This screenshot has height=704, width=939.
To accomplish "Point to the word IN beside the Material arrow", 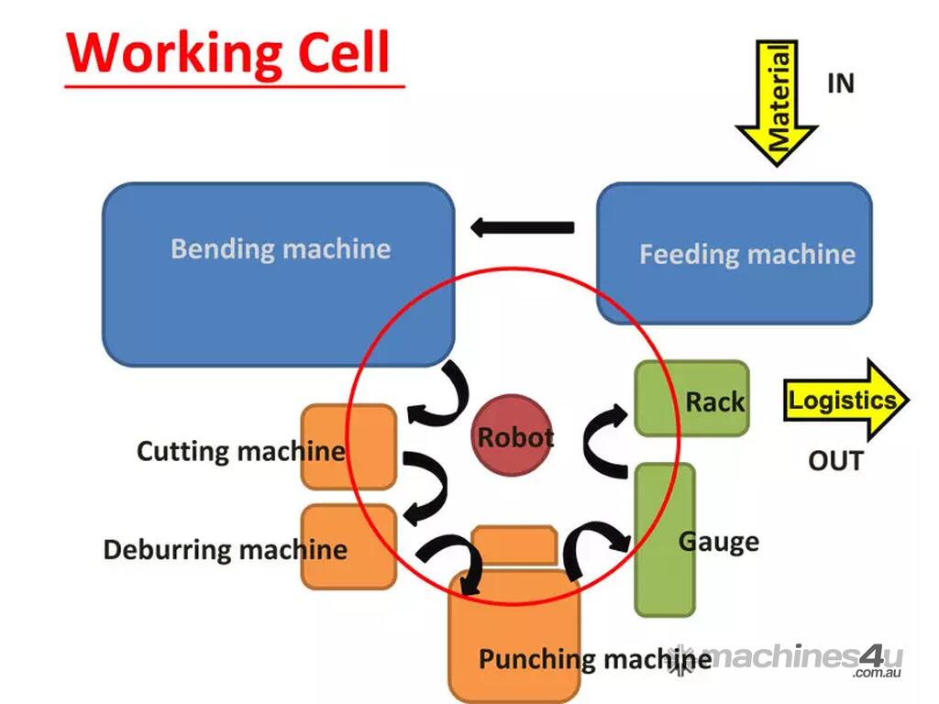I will coord(841,83).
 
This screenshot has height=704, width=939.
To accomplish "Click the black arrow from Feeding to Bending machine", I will coord(522,227).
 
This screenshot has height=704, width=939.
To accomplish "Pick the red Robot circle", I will coord(514,436).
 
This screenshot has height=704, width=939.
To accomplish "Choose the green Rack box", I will coord(691,398).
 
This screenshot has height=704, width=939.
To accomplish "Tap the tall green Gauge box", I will coord(664,541).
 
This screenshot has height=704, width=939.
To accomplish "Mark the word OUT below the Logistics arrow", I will coord(835,460).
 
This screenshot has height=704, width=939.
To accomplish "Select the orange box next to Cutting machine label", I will coord(348,447).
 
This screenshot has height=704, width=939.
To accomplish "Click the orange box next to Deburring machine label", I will coord(348,546).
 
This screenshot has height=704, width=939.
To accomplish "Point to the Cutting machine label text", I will coord(240,451).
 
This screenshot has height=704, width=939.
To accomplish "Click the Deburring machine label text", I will coord(225,550).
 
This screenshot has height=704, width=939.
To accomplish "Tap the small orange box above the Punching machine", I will coord(514,544).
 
